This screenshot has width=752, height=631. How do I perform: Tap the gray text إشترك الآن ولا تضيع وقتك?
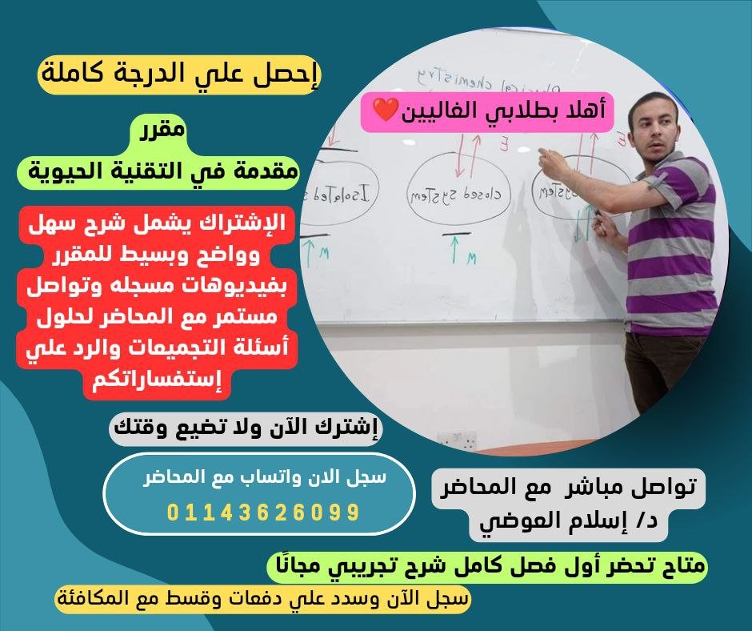tap(246, 426)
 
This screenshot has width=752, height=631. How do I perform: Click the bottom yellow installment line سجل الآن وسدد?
tap(264, 599)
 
